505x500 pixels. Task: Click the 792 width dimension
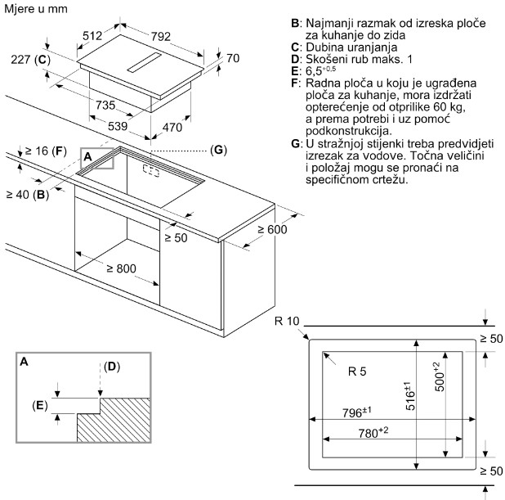161,37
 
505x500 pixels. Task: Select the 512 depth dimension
92,35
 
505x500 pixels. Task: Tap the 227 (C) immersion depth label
30,60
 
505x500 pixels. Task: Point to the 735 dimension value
105,105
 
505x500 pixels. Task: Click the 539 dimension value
118,126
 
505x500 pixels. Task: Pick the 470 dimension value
172,128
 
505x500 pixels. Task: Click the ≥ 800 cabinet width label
122,268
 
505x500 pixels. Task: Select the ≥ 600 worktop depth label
272,229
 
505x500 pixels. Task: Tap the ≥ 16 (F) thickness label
46,151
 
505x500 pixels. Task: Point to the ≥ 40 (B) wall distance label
28,195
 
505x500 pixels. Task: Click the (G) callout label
218,150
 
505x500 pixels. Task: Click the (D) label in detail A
112,367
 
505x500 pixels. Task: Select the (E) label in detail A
40,405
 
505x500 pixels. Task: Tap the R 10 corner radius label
287,321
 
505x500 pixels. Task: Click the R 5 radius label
357,372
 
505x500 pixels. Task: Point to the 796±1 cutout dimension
356,412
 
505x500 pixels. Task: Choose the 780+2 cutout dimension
373,433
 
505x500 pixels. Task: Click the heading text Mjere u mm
36,9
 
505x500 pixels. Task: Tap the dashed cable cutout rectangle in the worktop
151,171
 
